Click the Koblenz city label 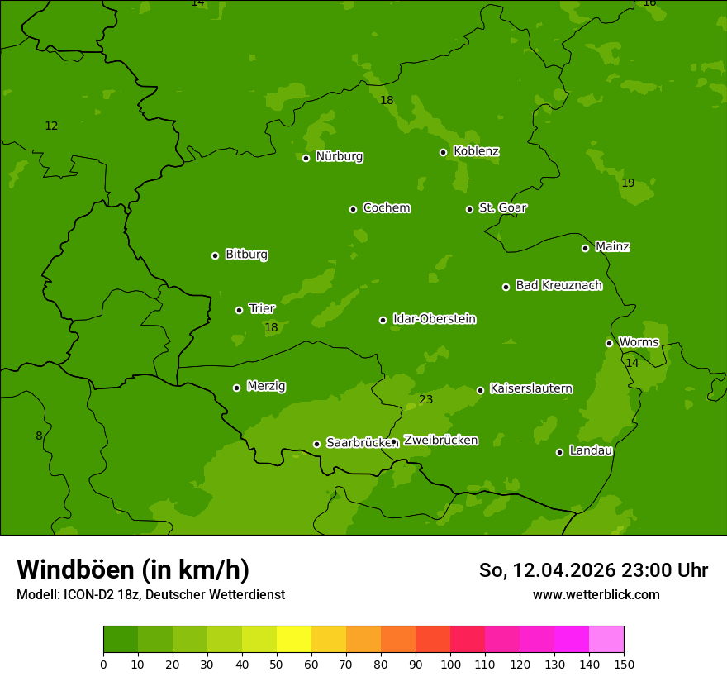476,151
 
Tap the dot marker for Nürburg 306,158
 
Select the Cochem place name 386,208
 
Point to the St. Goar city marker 469,209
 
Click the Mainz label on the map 612,246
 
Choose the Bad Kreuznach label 558,285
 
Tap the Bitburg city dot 215,255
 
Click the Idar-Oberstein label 434,319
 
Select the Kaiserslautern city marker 480,390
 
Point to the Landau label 591,450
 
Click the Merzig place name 266,386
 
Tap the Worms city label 639,342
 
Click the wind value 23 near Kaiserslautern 425,400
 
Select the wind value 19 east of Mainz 628,183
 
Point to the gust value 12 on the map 51,126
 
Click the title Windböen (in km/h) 132,569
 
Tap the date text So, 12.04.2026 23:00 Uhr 593,570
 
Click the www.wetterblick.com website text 596,594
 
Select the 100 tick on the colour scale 450,664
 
